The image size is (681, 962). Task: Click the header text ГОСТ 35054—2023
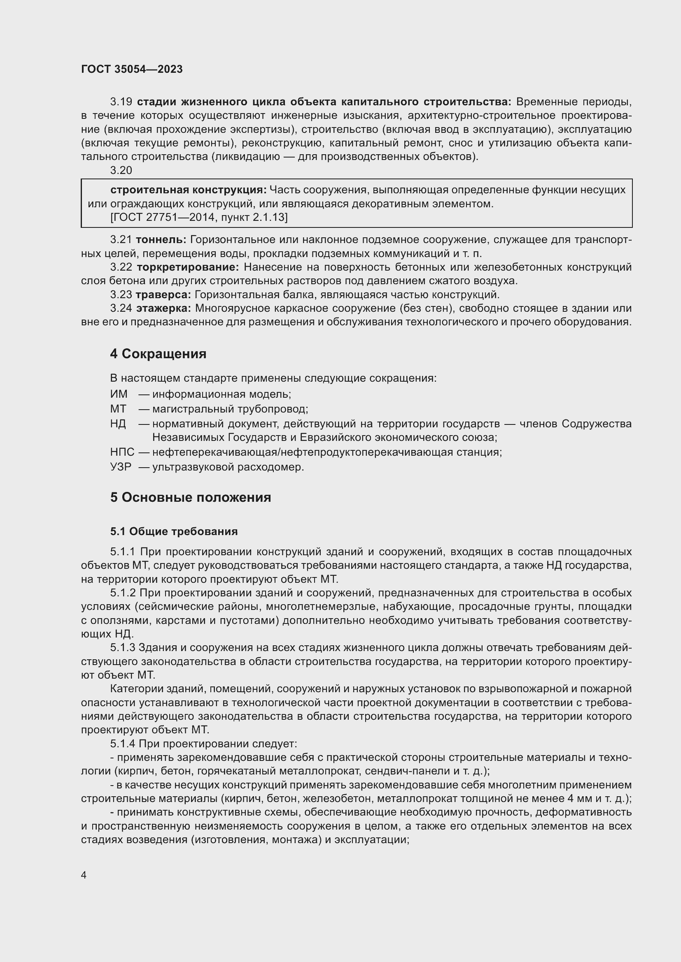pyautogui.click(x=132, y=70)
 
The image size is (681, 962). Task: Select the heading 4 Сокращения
pyautogui.click(x=158, y=354)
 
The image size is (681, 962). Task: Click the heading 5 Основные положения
pyautogui.click(x=190, y=497)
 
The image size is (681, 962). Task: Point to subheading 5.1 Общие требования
pyautogui.click(x=174, y=532)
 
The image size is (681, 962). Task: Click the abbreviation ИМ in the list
pyautogui.click(x=119, y=394)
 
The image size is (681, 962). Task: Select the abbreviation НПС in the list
pyautogui.click(x=122, y=452)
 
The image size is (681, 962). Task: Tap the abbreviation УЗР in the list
pyautogui.click(x=121, y=467)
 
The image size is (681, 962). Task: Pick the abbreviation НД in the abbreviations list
pyautogui.click(x=118, y=424)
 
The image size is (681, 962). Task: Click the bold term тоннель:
pyautogui.click(x=161, y=240)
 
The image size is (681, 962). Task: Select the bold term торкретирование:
pyautogui.click(x=188, y=267)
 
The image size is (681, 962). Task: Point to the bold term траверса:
pyautogui.click(x=163, y=295)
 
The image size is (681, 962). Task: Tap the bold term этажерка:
pyautogui.click(x=163, y=308)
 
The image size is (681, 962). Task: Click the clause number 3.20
pyautogui.click(x=121, y=171)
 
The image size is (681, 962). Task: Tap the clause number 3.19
pyautogui.click(x=121, y=102)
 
